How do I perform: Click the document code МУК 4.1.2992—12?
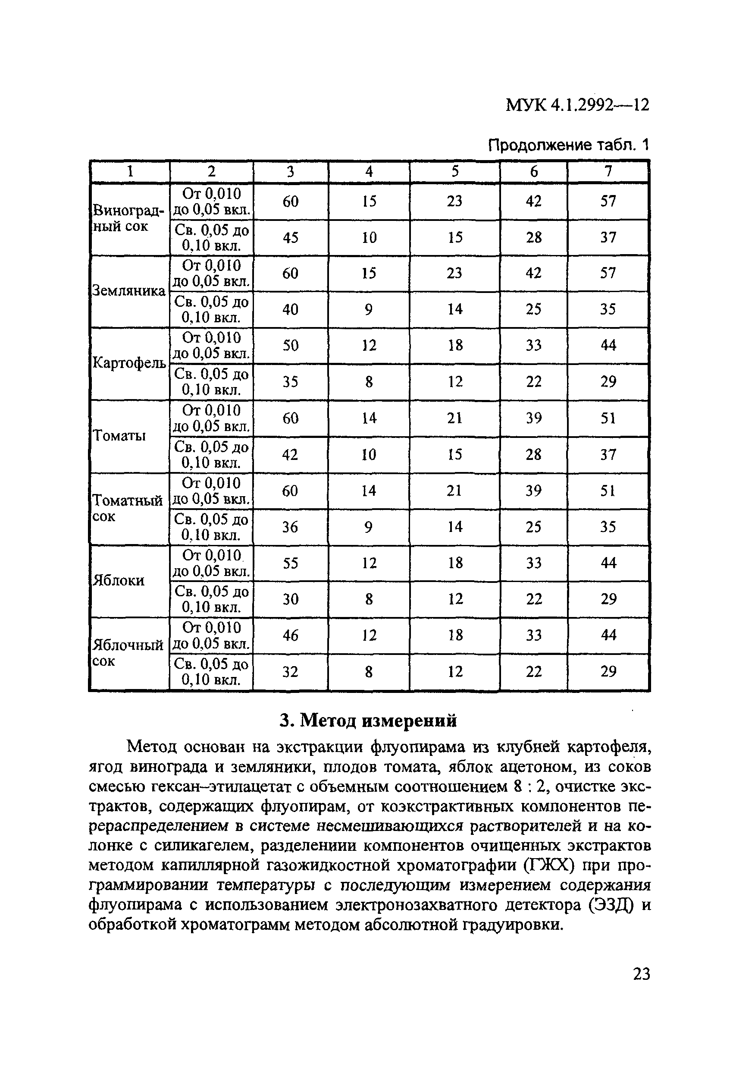(x=577, y=105)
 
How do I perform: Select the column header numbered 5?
(x=454, y=172)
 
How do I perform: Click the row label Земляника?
(x=129, y=291)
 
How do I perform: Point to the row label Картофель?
(x=129, y=363)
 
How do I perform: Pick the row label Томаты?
(x=119, y=436)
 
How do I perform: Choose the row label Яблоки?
(x=119, y=581)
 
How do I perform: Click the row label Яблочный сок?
(x=128, y=653)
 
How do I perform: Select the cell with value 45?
(x=290, y=238)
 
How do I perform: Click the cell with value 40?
(x=290, y=309)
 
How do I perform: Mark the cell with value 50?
(x=290, y=346)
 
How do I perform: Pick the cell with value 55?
(x=290, y=563)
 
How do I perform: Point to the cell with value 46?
(x=290, y=636)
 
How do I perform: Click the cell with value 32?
(x=290, y=672)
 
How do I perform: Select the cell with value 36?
(x=290, y=527)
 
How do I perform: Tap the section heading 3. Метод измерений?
(x=369, y=721)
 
